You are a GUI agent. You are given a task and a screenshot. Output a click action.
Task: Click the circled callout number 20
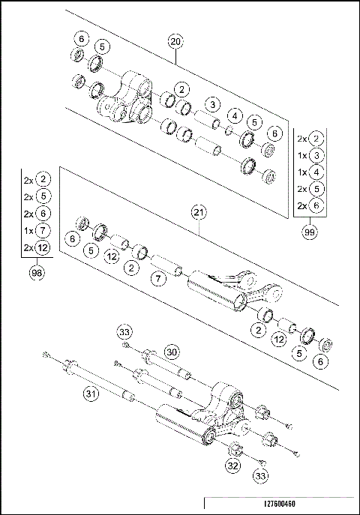coord(175,43)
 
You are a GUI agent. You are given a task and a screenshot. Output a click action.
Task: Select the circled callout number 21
coord(198,214)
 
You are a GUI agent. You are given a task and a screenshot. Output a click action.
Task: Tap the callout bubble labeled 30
coord(172,352)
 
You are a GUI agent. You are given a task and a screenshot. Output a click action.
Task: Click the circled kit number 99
coord(307,233)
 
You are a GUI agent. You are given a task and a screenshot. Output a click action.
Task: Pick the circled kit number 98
coord(36,274)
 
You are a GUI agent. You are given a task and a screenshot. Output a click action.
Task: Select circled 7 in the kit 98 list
coord(43,231)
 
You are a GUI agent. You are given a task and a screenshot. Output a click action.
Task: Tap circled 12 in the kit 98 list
coord(43,247)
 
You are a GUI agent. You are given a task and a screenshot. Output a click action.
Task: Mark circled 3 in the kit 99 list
coord(318,155)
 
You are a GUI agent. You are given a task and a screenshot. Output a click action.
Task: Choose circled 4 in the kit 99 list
coord(318,172)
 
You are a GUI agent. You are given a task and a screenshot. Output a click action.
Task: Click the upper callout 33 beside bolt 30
coord(126,331)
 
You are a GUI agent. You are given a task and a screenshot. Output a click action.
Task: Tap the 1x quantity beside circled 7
coord(27,231)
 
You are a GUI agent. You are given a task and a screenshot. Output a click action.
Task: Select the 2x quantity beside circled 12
coord(27,247)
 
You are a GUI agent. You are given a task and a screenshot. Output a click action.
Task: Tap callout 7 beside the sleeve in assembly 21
coord(157,280)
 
